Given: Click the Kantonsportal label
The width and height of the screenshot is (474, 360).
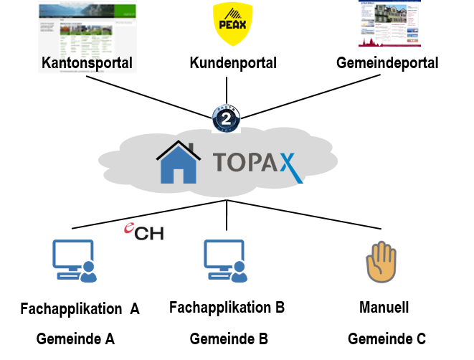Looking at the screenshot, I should click(x=87, y=63).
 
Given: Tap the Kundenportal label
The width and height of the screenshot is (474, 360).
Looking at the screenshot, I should click(x=233, y=63).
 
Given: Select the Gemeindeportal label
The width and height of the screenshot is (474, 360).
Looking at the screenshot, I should click(x=387, y=63).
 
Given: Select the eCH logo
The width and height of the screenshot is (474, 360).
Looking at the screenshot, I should click(x=143, y=232).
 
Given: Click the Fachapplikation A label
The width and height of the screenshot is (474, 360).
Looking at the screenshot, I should click(x=80, y=310).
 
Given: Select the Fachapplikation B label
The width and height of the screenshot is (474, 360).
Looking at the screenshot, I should click(x=227, y=308).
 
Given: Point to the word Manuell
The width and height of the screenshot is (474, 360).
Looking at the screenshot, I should click(x=384, y=308).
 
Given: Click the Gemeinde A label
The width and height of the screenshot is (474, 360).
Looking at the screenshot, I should click(x=75, y=338).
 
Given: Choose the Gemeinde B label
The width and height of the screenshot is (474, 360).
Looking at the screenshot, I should click(x=228, y=338).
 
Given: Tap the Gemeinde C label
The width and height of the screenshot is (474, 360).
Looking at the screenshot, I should click(x=387, y=338).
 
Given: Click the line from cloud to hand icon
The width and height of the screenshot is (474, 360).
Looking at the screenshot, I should click(x=308, y=215).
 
